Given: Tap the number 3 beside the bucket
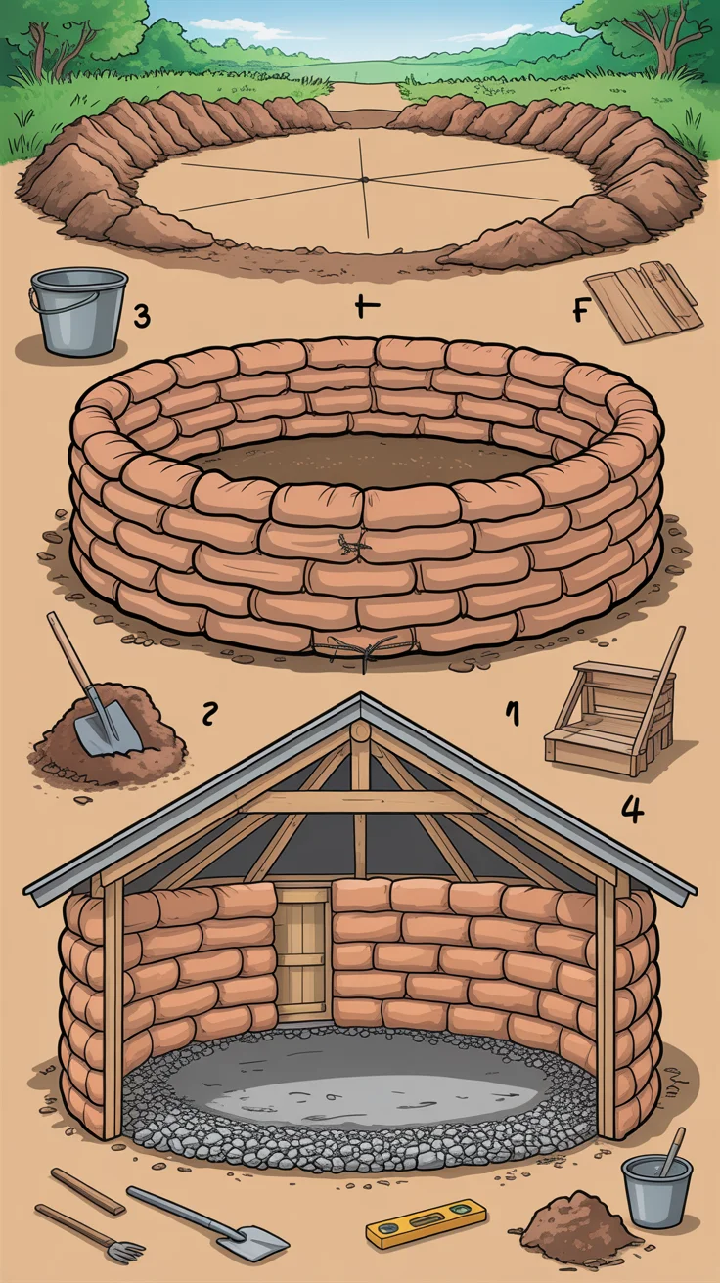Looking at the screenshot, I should point(142,316).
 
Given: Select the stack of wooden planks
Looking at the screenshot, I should point(657,302).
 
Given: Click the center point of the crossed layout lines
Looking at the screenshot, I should point(364,179).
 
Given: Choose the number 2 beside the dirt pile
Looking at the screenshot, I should point(208,714).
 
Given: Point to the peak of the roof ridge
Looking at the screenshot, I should point(361,698).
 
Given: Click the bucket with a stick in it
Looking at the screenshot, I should point(656,1189).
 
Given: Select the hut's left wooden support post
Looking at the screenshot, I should point(113,1007).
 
